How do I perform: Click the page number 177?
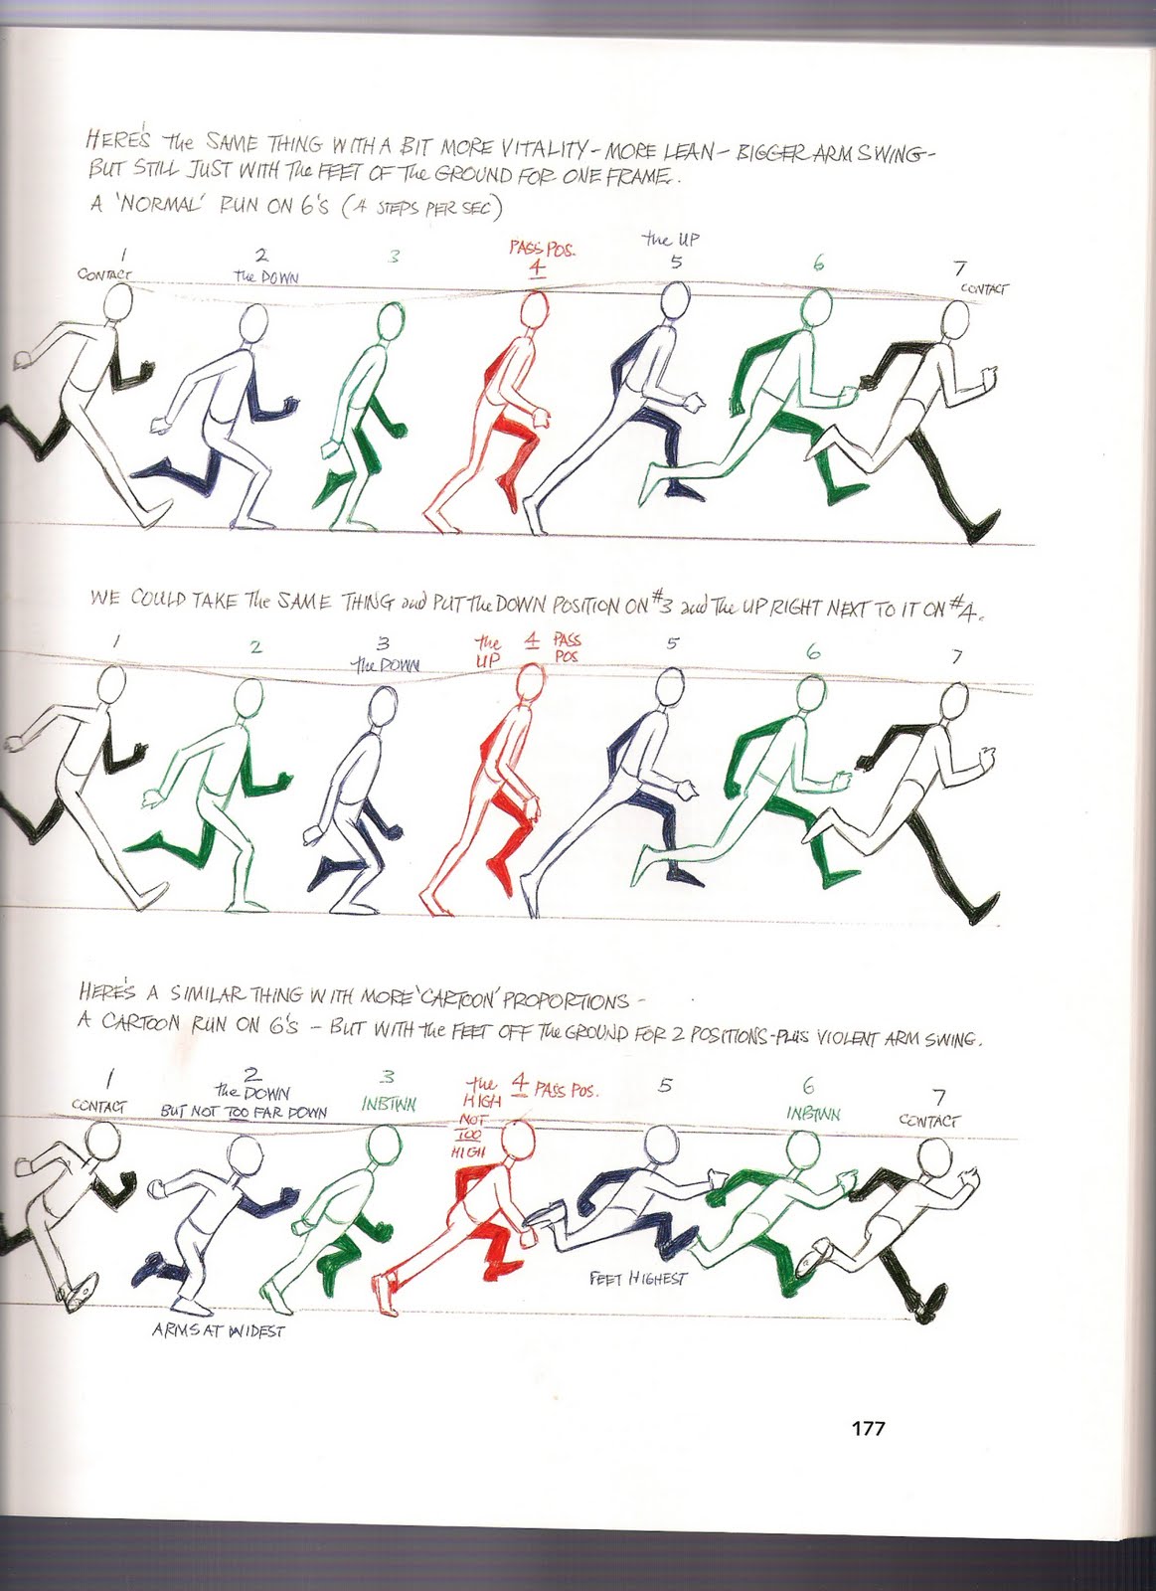point(869,1428)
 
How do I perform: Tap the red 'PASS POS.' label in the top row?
point(542,249)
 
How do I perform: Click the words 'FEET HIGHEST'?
point(638,1279)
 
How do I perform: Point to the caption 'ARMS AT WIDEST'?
point(219,1330)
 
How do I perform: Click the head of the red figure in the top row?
point(535,309)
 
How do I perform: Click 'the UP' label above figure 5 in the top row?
point(670,240)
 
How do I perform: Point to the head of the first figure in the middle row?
point(110,684)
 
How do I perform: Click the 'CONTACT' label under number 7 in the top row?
point(984,288)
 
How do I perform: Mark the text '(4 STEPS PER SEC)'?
point(421,208)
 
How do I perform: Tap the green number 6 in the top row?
point(819,264)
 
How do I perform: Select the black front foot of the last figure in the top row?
point(984,527)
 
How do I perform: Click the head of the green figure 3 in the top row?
point(391,321)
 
